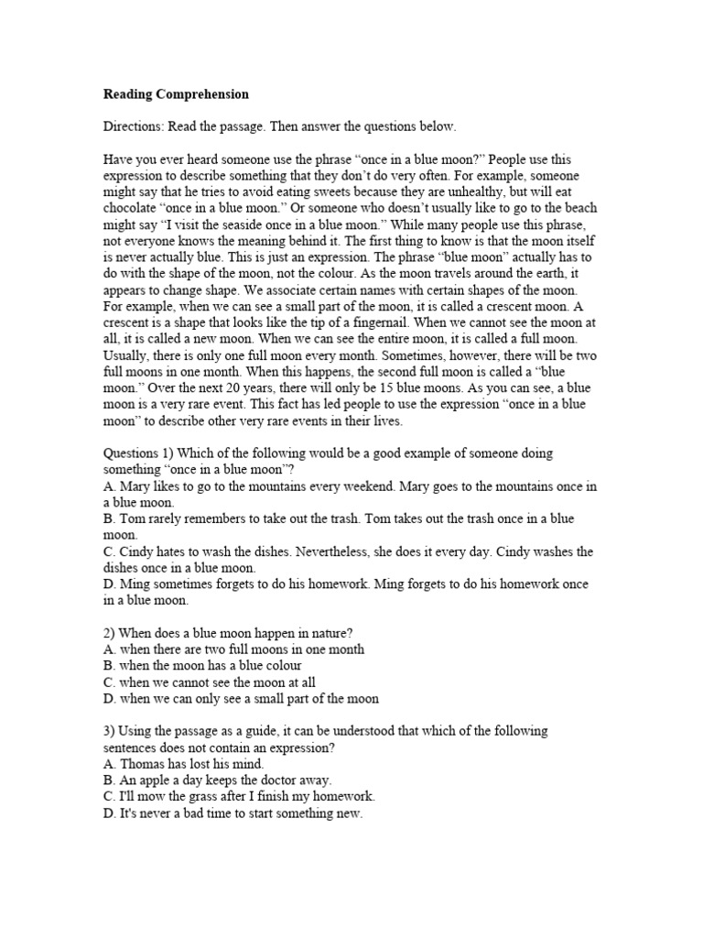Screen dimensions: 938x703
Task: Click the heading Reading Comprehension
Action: point(175,94)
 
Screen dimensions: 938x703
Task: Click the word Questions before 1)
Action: point(133,453)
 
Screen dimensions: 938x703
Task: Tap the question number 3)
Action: point(109,730)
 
